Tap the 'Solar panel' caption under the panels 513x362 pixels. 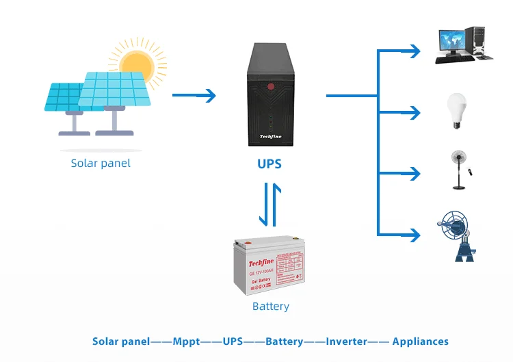coord(101,164)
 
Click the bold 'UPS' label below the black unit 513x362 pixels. coord(269,164)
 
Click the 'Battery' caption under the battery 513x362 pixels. coord(271,307)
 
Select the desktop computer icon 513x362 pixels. coord(460,44)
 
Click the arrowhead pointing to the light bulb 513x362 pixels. coord(414,111)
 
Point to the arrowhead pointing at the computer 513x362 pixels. coord(414,50)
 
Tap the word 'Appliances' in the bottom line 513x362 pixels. coord(421,341)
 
